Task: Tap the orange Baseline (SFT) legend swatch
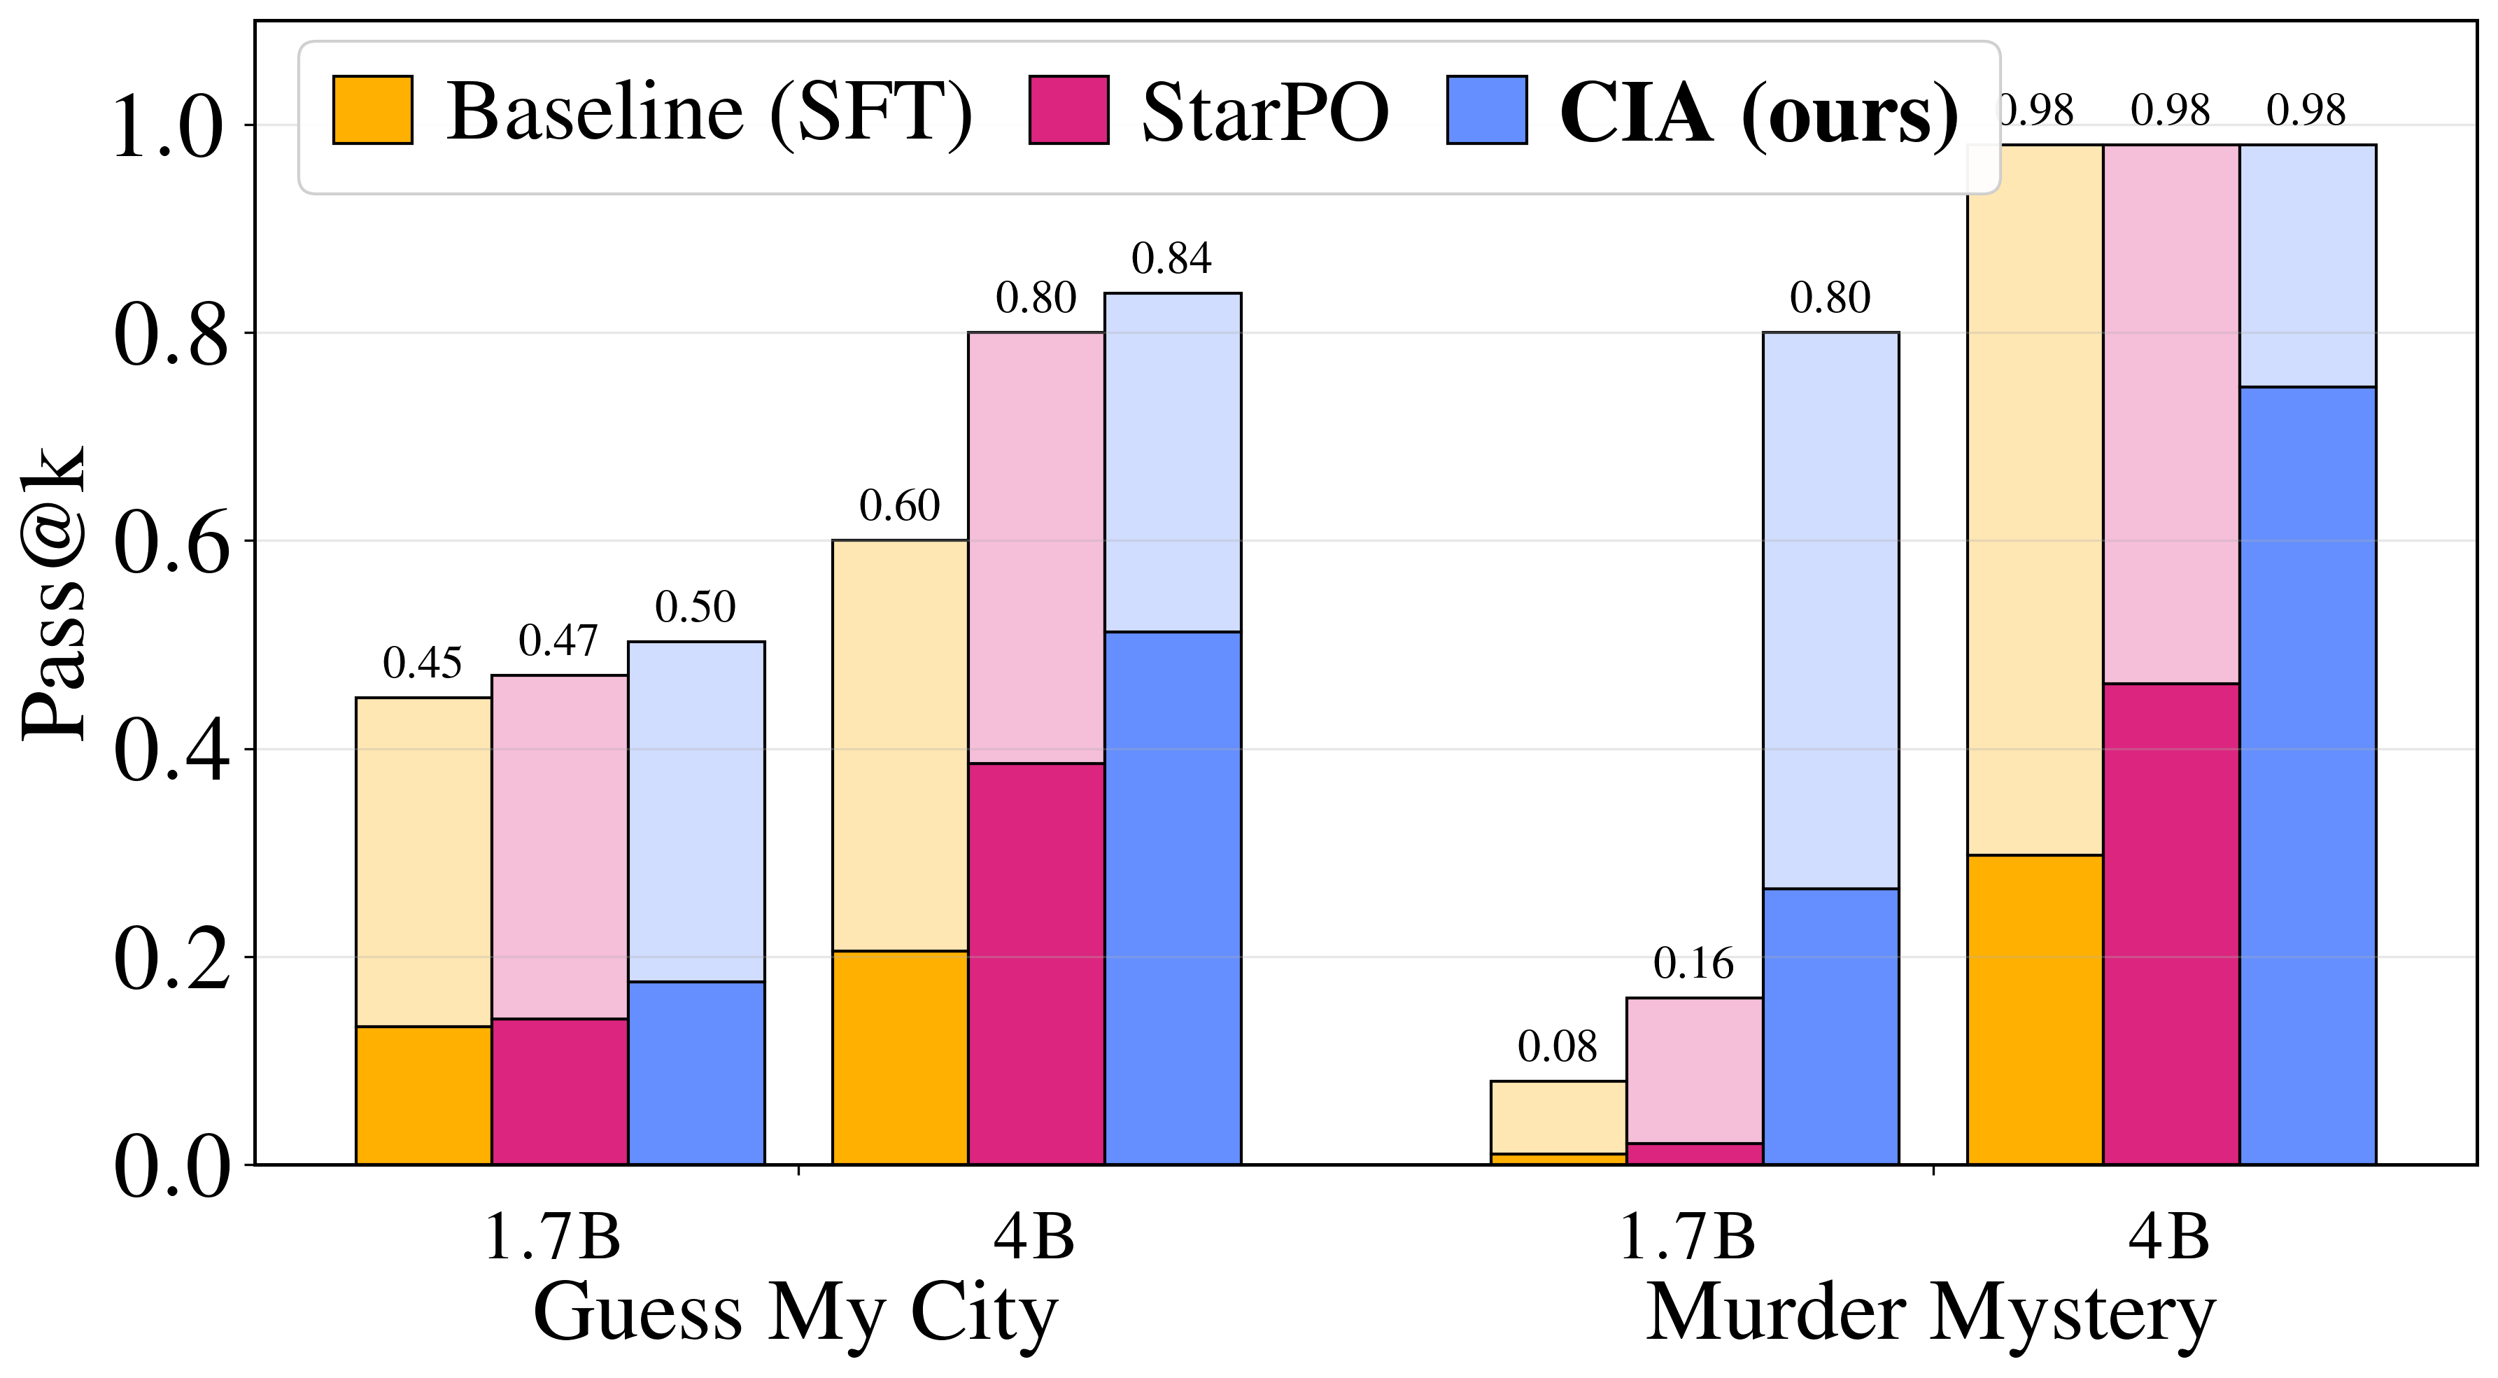372,110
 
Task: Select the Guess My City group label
795,1312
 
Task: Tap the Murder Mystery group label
1930,1312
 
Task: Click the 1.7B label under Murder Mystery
1687,1237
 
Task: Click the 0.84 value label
1171,259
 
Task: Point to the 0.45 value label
422,663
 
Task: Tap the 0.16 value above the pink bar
1693,963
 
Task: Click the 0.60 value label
899,505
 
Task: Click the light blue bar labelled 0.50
696,810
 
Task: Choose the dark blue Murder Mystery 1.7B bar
1830,1026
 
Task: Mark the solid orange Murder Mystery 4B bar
2035,1008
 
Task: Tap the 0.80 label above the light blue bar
1830,297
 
